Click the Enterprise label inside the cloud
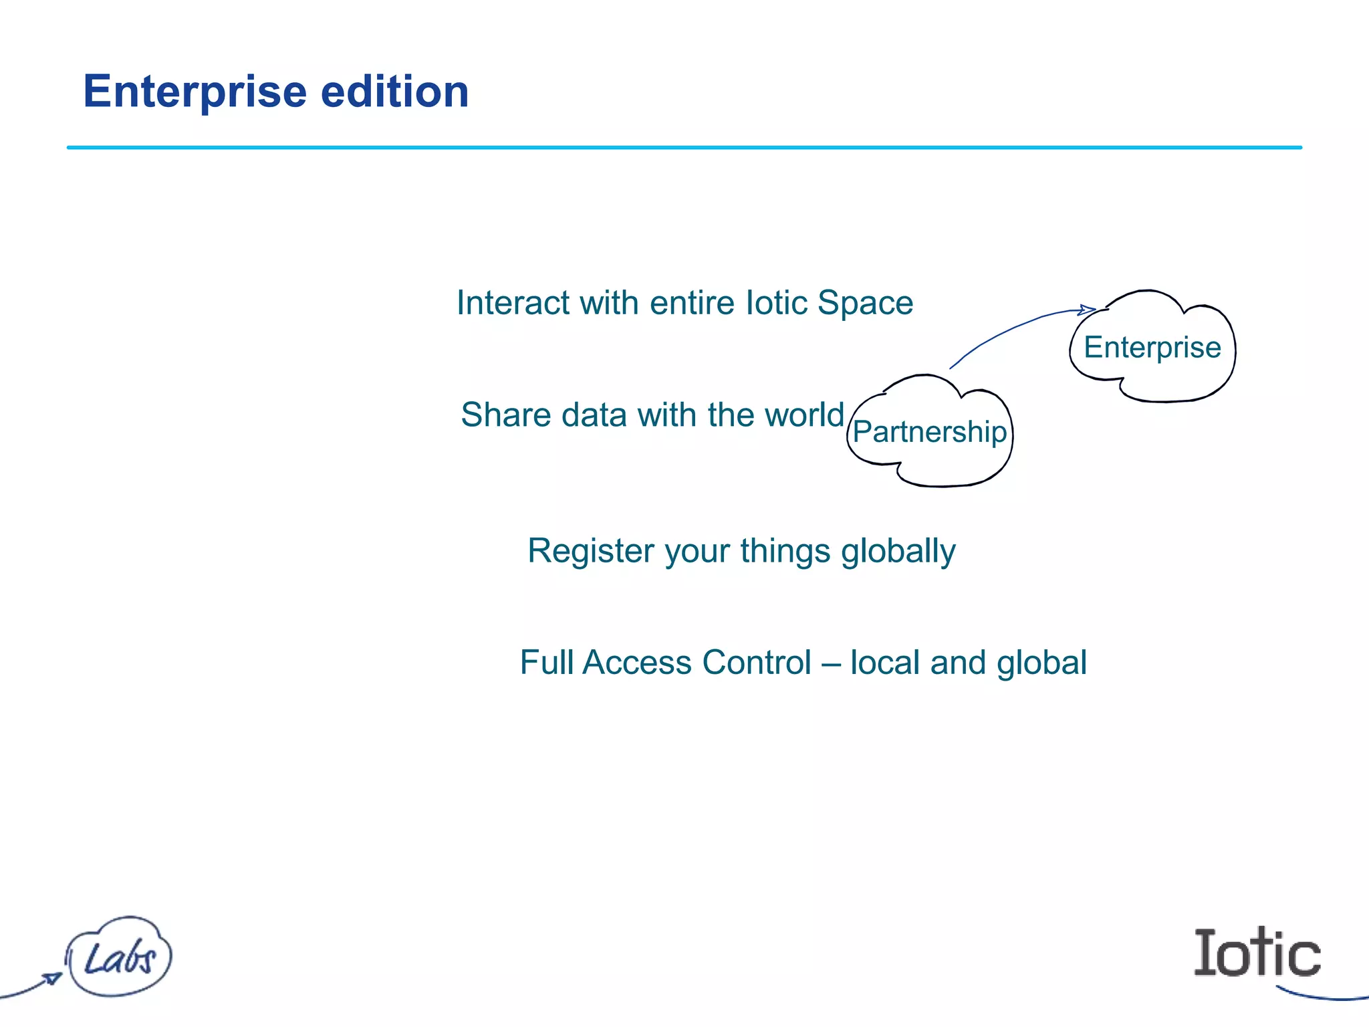[1152, 348]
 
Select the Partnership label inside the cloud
[929, 432]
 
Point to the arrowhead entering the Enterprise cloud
[1088, 310]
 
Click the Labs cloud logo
[119, 957]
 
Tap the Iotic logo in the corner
[1257, 953]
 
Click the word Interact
[513, 303]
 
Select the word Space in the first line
[865, 303]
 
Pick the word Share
[506, 415]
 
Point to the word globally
[898, 552]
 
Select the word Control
[757, 663]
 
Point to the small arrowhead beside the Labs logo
[52, 978]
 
